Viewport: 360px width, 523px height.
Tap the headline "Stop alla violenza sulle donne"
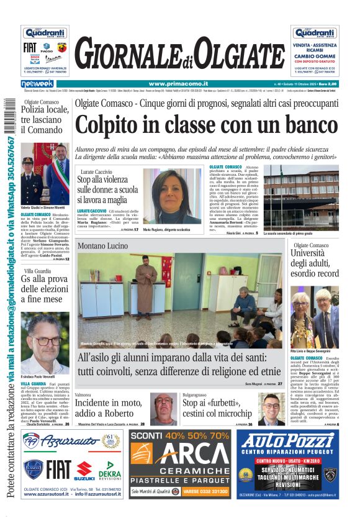(114, 191)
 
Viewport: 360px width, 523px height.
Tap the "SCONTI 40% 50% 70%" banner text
(180, 436)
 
